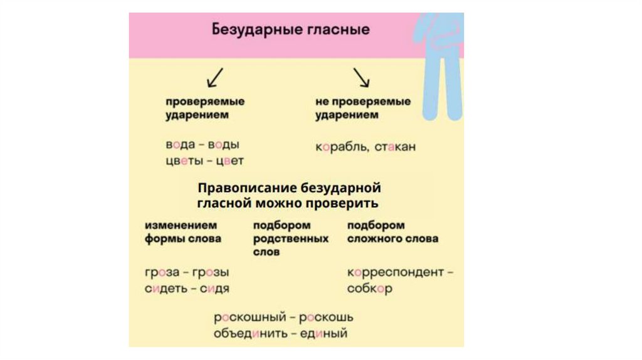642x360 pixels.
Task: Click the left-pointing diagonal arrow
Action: click(x=215, y=77)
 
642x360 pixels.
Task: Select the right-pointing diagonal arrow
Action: click(x=362, y=77)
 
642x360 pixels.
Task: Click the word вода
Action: click(x=181, y=144)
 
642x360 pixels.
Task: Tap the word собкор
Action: click(x=370, y=289)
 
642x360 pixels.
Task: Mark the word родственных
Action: click(x=290, y=239)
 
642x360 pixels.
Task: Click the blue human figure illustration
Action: click(x=441, y=63)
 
